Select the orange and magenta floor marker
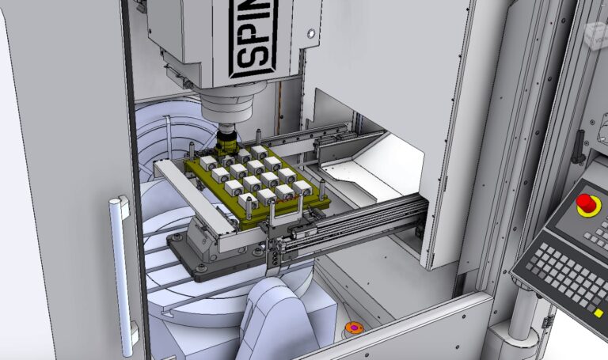[x=353, y=328]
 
